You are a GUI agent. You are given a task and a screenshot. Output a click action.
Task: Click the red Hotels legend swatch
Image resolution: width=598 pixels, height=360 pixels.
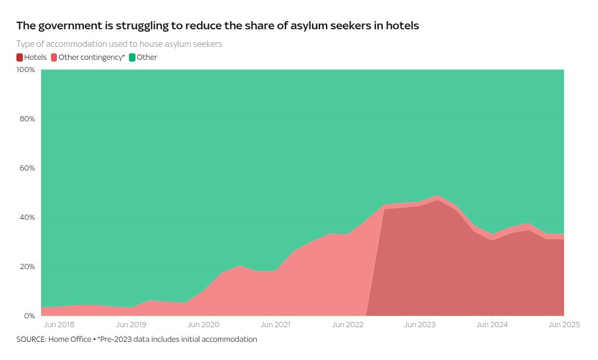tap(20, 57)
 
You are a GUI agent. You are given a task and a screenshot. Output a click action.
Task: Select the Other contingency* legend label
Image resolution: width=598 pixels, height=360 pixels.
tap(91, 57)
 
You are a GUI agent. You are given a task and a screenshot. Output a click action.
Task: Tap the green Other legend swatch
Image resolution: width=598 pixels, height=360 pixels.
tap(132, 57)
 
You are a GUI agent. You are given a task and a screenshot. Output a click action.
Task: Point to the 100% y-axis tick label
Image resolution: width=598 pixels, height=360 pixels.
tap(26, 70)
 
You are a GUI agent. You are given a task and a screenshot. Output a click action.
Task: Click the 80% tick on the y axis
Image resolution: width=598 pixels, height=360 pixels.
tap(28, 119)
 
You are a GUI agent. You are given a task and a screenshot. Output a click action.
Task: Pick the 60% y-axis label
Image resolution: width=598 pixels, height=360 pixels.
tap(28, 168)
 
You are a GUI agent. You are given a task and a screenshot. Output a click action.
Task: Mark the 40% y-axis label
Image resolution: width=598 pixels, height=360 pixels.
tap(28, 218)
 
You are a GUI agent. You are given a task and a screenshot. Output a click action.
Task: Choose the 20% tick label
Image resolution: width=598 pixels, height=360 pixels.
tap(28, 267)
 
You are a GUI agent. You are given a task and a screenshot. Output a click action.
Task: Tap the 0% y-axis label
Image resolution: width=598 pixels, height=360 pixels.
tap(29, 316)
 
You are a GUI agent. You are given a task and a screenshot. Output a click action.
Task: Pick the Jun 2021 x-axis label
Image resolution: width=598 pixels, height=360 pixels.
tap(276, 325)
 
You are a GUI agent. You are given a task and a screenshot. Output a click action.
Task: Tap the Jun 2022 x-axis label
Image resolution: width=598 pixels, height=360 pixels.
tap(348, 325)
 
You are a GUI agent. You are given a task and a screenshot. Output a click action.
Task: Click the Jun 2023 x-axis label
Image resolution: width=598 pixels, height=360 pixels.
tap(420, 325)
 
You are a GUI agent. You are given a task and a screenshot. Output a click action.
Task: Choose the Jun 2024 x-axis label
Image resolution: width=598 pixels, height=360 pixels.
tap(492, 325)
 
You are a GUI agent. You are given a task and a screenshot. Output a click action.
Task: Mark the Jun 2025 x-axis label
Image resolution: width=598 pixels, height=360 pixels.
tap(564, 325)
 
